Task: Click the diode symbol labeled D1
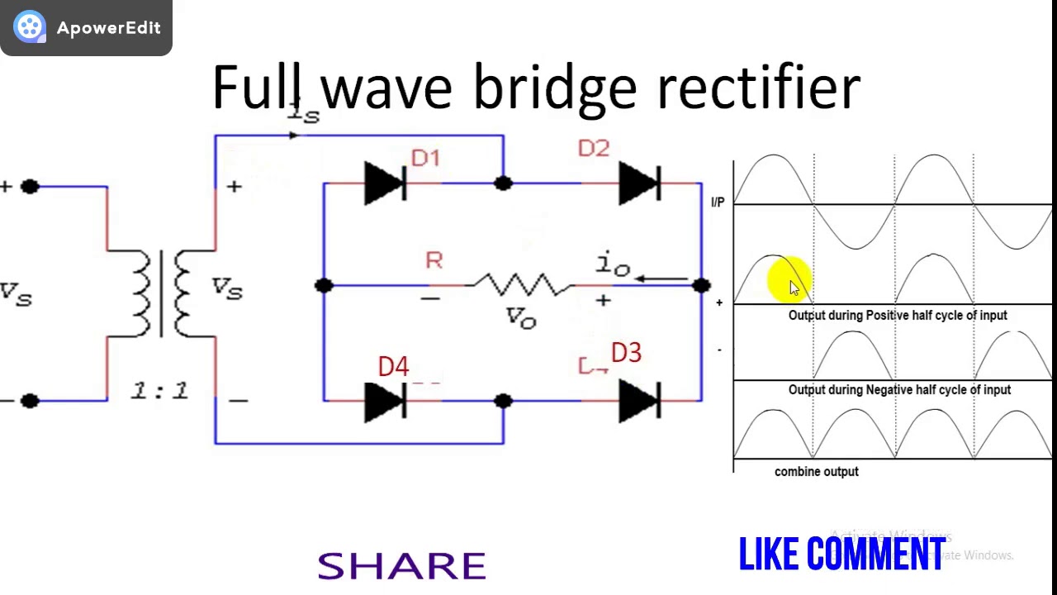(x=385, y=183)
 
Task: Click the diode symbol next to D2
(x=639, y=183)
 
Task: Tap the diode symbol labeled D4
(x=385, y=402)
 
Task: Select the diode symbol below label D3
(x=639, y=402)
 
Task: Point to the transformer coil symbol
(x=161, y=293)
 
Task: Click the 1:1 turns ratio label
(x=160, y=391)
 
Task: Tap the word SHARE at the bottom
(x=402, y=566)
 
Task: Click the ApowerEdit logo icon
(x=30, y=27)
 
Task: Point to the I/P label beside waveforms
(x=717, y=202)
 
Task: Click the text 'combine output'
(x=816, y=471)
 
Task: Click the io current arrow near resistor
(x=661, y=279)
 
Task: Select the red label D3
(x=626, y=354)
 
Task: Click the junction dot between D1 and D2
(x=503, y=183)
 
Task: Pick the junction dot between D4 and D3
(x=503, y=402)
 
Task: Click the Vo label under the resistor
(x=521, y=318)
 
